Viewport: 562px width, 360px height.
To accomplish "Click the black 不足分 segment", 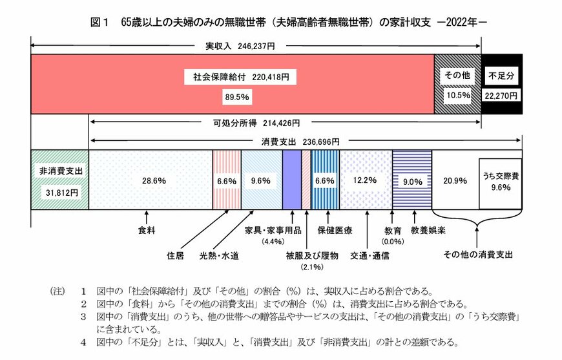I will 502,84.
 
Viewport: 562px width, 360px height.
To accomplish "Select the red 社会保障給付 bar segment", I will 233,84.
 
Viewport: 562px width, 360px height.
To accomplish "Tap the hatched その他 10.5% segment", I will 457,84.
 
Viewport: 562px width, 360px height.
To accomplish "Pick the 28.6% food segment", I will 150,180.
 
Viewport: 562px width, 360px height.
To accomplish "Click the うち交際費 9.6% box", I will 500,183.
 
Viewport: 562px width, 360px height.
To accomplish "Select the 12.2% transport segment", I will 366,180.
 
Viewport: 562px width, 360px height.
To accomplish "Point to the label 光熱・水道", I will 218,255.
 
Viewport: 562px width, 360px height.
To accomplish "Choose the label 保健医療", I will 334,229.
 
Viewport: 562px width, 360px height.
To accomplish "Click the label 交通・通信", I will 369,255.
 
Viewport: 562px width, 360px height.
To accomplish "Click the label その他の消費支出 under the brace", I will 478,255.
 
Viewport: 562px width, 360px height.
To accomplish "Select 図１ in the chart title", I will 99,22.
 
